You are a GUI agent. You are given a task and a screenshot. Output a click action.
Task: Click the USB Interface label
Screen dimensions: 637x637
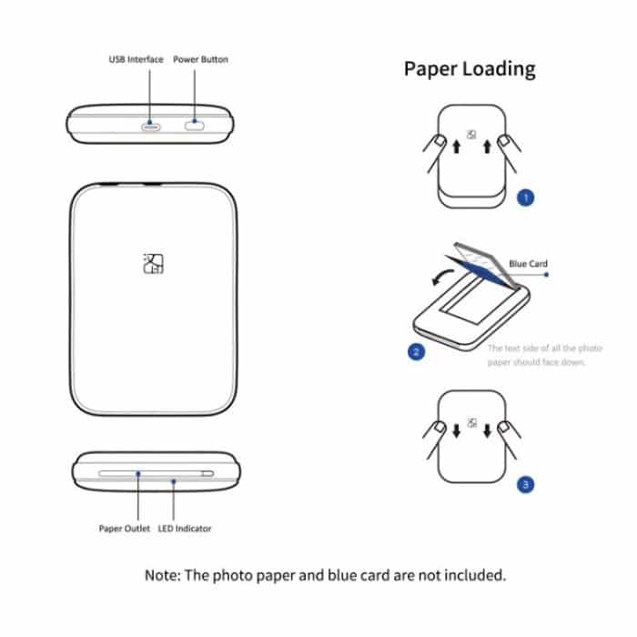click(136, 59)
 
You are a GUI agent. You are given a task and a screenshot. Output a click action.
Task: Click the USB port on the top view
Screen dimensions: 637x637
click(151, 125)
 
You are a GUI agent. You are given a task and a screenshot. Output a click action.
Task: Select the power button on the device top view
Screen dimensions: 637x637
click(196, 125)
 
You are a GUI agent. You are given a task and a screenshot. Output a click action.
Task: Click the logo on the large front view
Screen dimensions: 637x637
click(153, 263)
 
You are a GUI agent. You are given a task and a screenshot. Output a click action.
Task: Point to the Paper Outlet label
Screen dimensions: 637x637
click(125, 528)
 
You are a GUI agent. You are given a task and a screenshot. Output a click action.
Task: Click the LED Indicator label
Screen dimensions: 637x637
click(186, 528)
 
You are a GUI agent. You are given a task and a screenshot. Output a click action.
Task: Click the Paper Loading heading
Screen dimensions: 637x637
click(470, 69)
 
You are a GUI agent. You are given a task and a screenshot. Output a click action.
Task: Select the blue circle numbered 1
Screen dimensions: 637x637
click(525, 196)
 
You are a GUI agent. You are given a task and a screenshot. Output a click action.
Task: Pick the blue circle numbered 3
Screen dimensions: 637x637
click(525, 485)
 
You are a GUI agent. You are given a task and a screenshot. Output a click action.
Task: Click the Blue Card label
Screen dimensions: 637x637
click(529, 264)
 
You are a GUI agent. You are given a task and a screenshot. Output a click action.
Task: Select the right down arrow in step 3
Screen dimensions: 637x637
click(488, 430)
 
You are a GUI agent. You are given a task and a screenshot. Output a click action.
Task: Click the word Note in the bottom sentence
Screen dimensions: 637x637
click(163, 575)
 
